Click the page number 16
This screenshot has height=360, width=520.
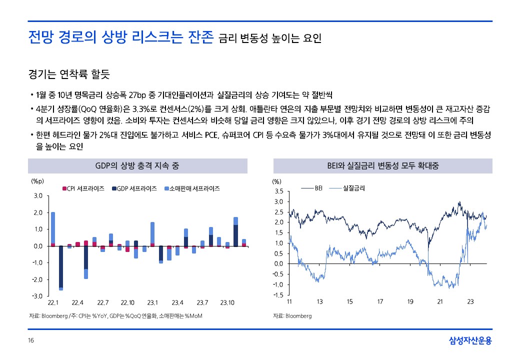pos(31,341)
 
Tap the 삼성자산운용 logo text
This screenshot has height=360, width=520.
pos(470,341)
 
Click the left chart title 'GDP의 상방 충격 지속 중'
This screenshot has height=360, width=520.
pos(137,165)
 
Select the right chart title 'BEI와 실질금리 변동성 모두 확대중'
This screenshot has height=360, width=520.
pos(382,165)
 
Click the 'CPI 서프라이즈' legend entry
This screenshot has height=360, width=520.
pos(83,188)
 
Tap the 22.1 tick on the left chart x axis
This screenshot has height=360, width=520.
pos(53,303)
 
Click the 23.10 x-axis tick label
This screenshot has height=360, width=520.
pos(228,303)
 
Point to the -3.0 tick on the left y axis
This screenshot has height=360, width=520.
pos(38,296)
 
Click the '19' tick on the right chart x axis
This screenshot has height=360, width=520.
pos(410,301)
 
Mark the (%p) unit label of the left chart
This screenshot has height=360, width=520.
pos(37,181)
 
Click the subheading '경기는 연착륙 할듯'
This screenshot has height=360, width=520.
pos(69,75)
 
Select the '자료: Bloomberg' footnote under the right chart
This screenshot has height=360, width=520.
pos(292,316)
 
